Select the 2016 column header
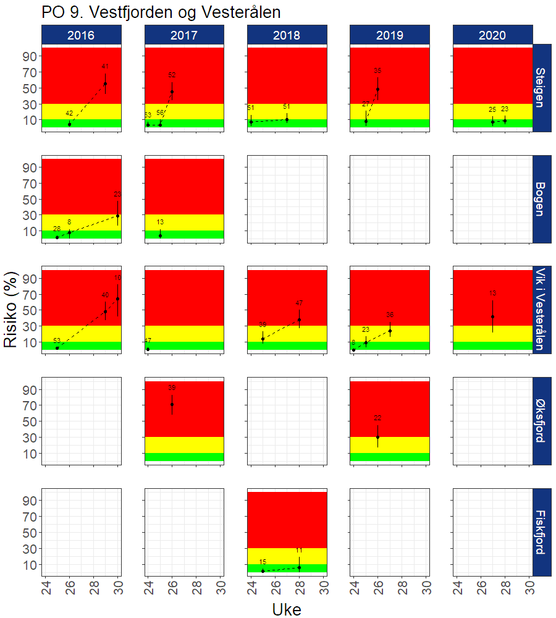click(82, 35)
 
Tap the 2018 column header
click(287, 35)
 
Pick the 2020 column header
click(492, 35)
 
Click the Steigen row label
click(541, 88)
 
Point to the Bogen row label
click(541, 199)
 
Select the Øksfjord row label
click(541, 420)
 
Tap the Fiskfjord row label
click(541, 531)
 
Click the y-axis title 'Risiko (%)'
click(12, 309)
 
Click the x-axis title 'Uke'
click(287, 609)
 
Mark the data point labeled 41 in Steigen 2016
click(105, 83)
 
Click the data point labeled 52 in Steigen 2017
click(172, 91)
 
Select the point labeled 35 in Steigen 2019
click(377, 89)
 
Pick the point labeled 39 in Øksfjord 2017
click(172, 404)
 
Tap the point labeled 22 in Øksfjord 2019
click(377, 437)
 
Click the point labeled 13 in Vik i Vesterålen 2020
click(492, 316)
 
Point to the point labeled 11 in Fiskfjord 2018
click(299, 567)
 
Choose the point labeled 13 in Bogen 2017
click(160, 235)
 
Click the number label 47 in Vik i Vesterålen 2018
click(299, 303)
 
